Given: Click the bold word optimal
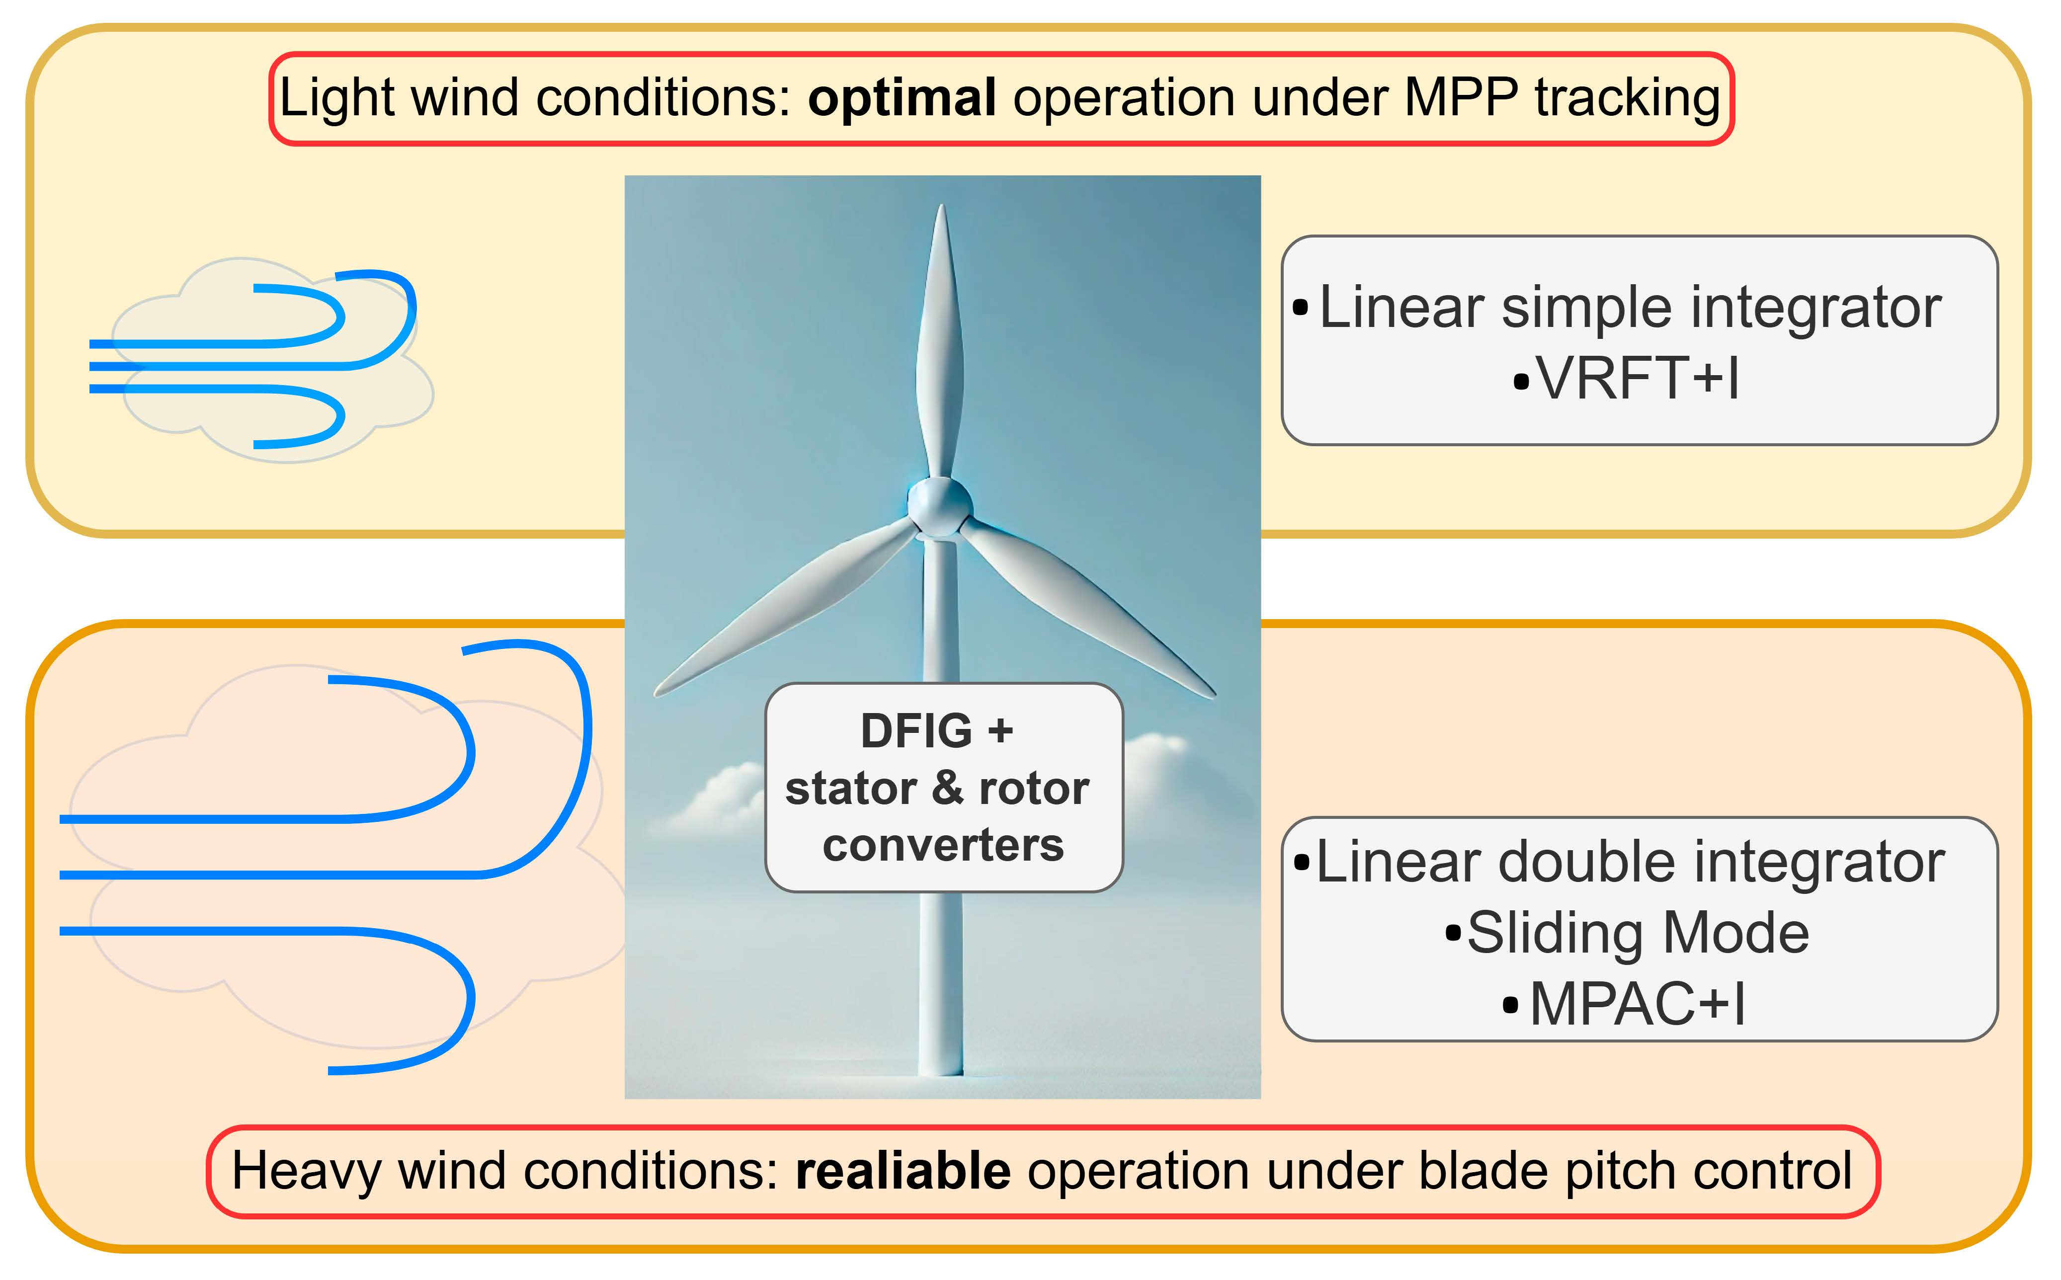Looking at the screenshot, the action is tap(902, 99).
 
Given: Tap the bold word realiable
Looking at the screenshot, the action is tap(904, 1172).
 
